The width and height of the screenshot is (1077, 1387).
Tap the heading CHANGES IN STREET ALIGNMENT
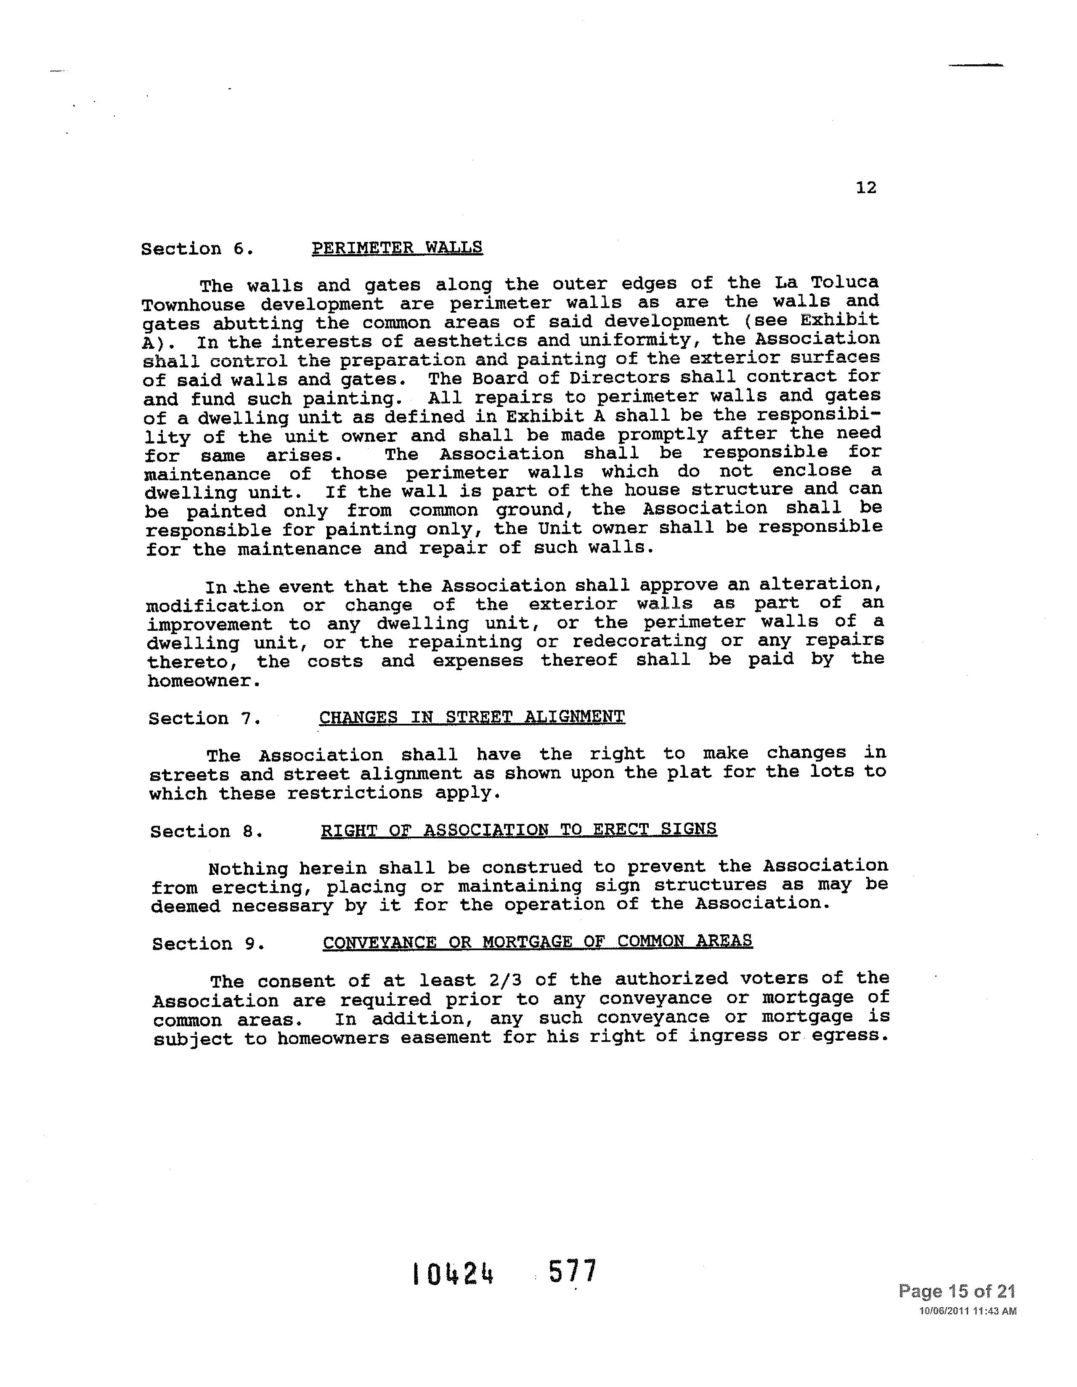click(x=472, y=717)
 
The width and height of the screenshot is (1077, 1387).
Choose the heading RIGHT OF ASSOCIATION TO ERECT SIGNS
click(x=519, y=829)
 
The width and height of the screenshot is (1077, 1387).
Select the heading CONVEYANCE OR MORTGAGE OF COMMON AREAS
click(x=537, y=941)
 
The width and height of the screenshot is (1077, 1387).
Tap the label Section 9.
click(x=208, y=944)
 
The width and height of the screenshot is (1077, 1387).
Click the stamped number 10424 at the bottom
click(x=453, y=1273)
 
